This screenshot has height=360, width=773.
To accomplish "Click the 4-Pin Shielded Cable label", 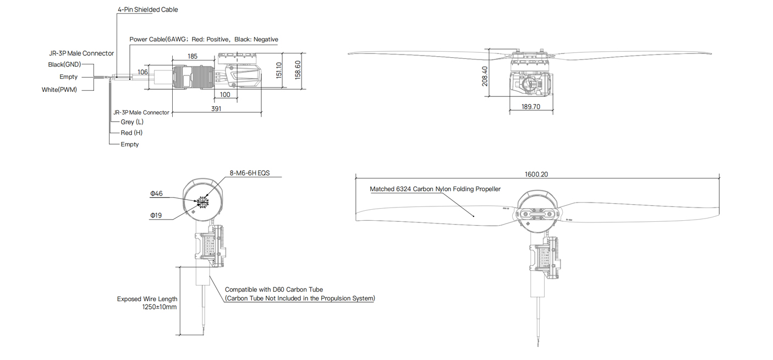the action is click(x=147, y=10).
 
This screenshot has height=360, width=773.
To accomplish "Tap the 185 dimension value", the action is click(x=193, y=56).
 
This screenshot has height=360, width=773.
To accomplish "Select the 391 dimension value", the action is click(x=216, y=109).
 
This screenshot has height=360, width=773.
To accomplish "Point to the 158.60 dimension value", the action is click(x=298, y=70).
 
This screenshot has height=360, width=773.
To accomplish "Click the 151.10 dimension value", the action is click(x=279, y=70).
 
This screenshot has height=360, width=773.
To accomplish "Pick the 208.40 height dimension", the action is click(x=485, y=77).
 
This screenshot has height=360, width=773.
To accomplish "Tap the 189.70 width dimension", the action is click(x=531, y=107).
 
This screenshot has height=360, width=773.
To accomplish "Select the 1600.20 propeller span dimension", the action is click(x=536, y=174).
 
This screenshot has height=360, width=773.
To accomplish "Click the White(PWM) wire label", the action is click(x=59, y=90).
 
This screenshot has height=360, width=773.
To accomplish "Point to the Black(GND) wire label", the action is click(x=64, y=64).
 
